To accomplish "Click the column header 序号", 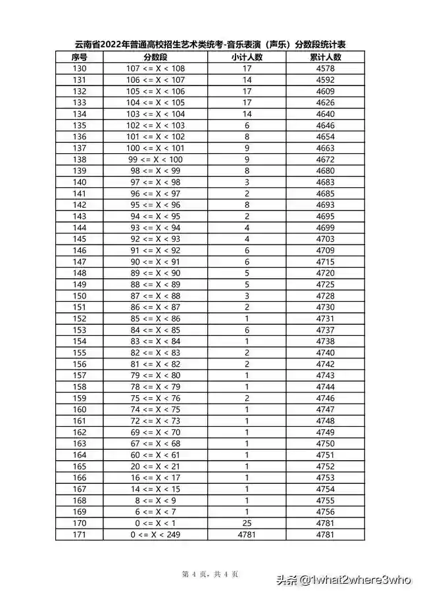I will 79,57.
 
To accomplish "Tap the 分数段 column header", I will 155,57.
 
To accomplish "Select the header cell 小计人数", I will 247,57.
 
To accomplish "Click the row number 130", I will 79,68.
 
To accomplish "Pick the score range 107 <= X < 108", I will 155,68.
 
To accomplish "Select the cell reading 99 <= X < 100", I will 155,159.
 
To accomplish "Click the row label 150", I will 79,296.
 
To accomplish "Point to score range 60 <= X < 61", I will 155,455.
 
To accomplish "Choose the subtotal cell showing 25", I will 247,523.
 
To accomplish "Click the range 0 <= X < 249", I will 155,535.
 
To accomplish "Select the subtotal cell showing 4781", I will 247,535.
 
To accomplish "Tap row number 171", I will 79,535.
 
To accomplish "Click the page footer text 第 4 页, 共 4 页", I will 210,574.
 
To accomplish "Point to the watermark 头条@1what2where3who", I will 343,580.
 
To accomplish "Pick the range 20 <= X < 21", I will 155,466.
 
